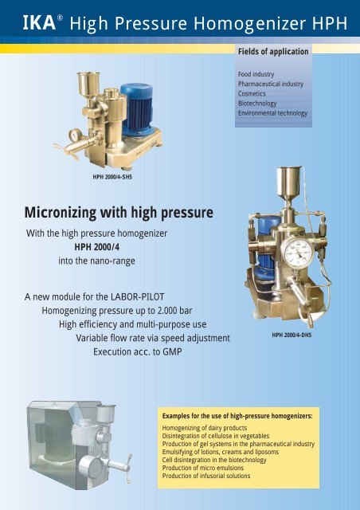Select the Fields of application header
click(272, 53)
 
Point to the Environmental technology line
click(272, 113)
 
